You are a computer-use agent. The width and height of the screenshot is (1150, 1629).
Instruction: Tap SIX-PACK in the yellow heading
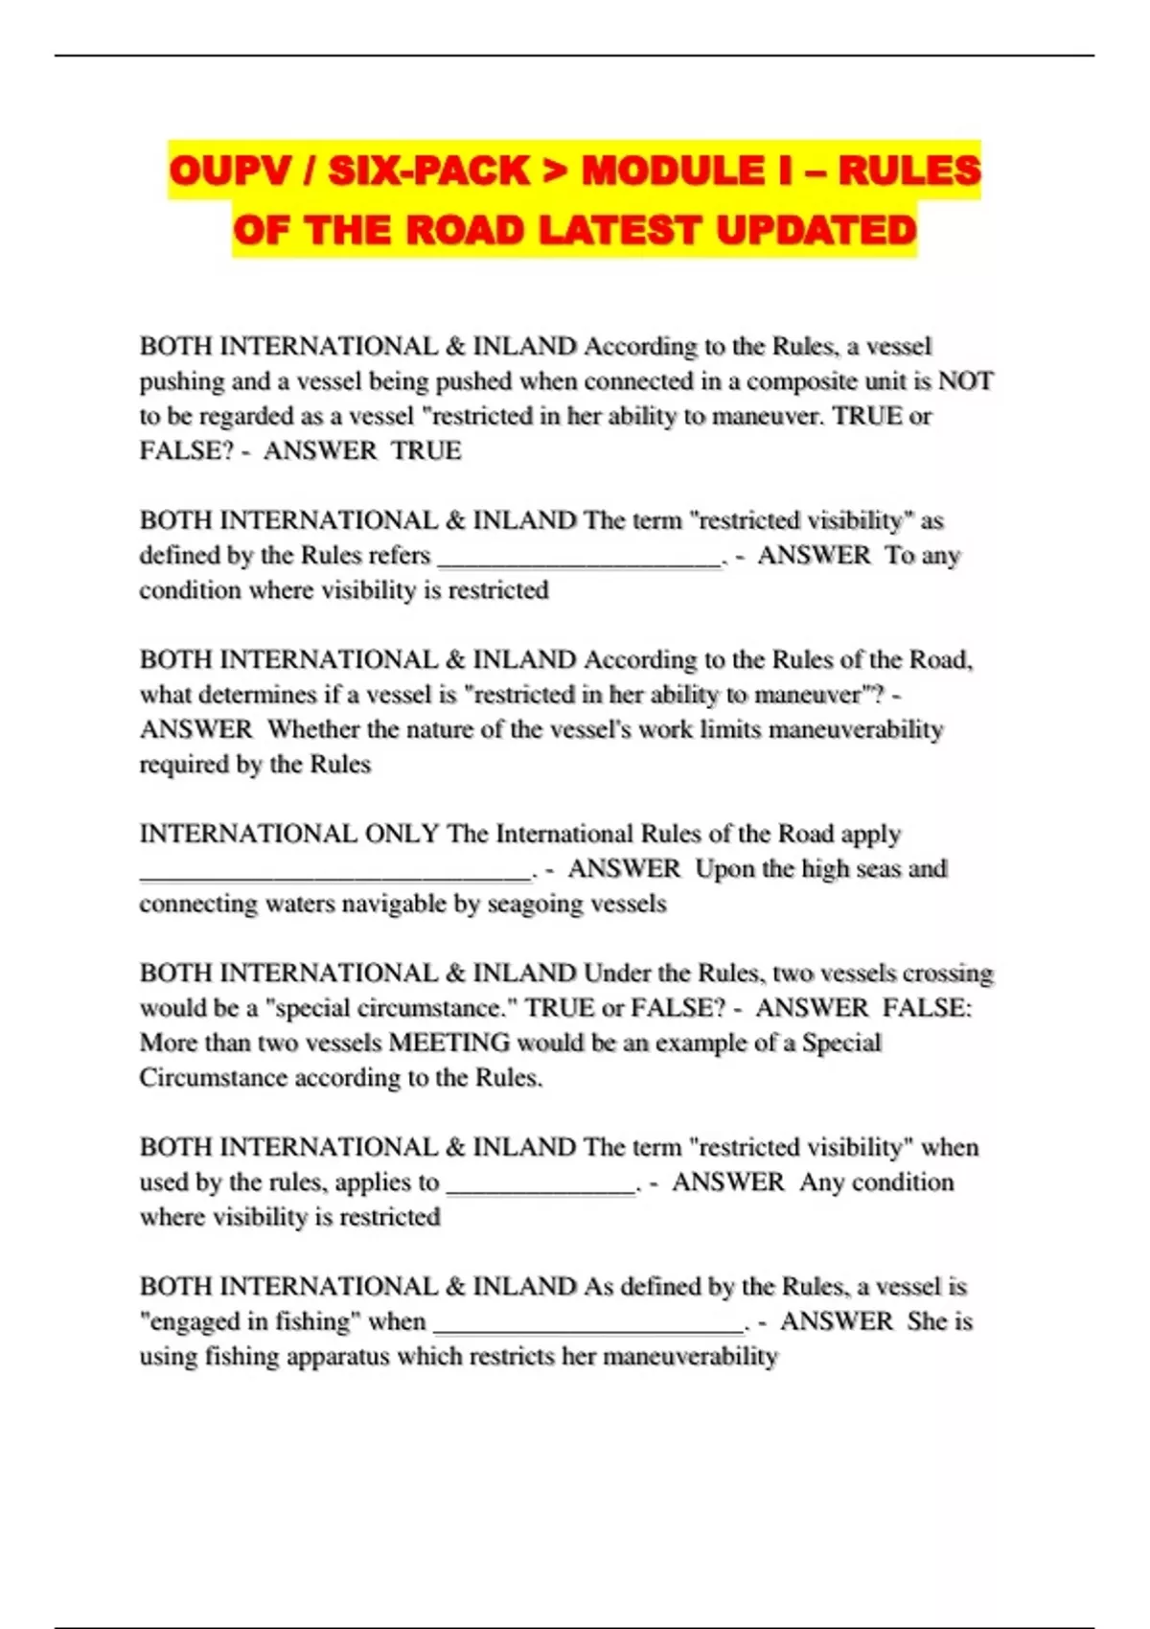point(428,172)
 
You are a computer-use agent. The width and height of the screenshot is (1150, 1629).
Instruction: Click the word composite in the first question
point(802,381)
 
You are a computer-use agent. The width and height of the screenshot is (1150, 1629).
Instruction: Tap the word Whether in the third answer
point(312,730)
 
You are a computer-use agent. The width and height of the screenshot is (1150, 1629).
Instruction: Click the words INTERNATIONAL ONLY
point(289,834)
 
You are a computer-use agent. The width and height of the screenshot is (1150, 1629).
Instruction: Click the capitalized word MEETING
point(449,1043)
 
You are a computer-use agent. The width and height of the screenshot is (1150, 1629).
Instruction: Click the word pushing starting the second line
point(181,381)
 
